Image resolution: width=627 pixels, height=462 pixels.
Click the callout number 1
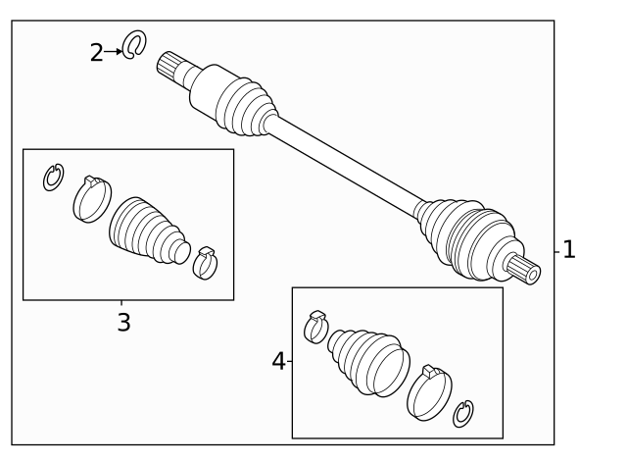[x=568, y=249]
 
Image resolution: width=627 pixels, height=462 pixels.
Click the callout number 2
[x=96, y=52]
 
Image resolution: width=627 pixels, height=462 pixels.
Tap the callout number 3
[x=124, y=323]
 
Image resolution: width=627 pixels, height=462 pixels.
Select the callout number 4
[x=278, y=361]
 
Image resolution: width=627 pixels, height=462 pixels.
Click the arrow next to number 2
[x=114, y=52]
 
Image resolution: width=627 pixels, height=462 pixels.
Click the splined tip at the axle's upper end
[x=168, y=66]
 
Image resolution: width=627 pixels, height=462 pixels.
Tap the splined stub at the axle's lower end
[x=524, y=270]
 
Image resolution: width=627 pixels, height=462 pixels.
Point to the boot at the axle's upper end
[x=245, y=106]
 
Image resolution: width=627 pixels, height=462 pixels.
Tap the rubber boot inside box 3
[x=148, y=231]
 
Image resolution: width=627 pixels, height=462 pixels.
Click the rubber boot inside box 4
[x=368, y=363]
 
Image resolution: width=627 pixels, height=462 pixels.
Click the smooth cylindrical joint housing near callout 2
[x=208, y=90]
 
